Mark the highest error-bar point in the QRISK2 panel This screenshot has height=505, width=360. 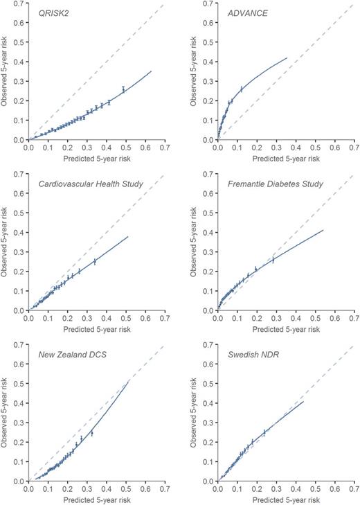coord(123,89)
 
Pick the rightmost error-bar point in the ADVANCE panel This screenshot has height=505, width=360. coord(241,89)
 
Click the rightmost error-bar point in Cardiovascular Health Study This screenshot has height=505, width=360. coord(94,261)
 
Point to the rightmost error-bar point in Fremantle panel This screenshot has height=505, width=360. coord(273,260)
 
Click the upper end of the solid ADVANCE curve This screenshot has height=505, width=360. coord(287,58)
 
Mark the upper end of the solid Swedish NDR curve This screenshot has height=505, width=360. coord(303,401)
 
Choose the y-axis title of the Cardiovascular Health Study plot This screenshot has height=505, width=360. coord(7,242)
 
